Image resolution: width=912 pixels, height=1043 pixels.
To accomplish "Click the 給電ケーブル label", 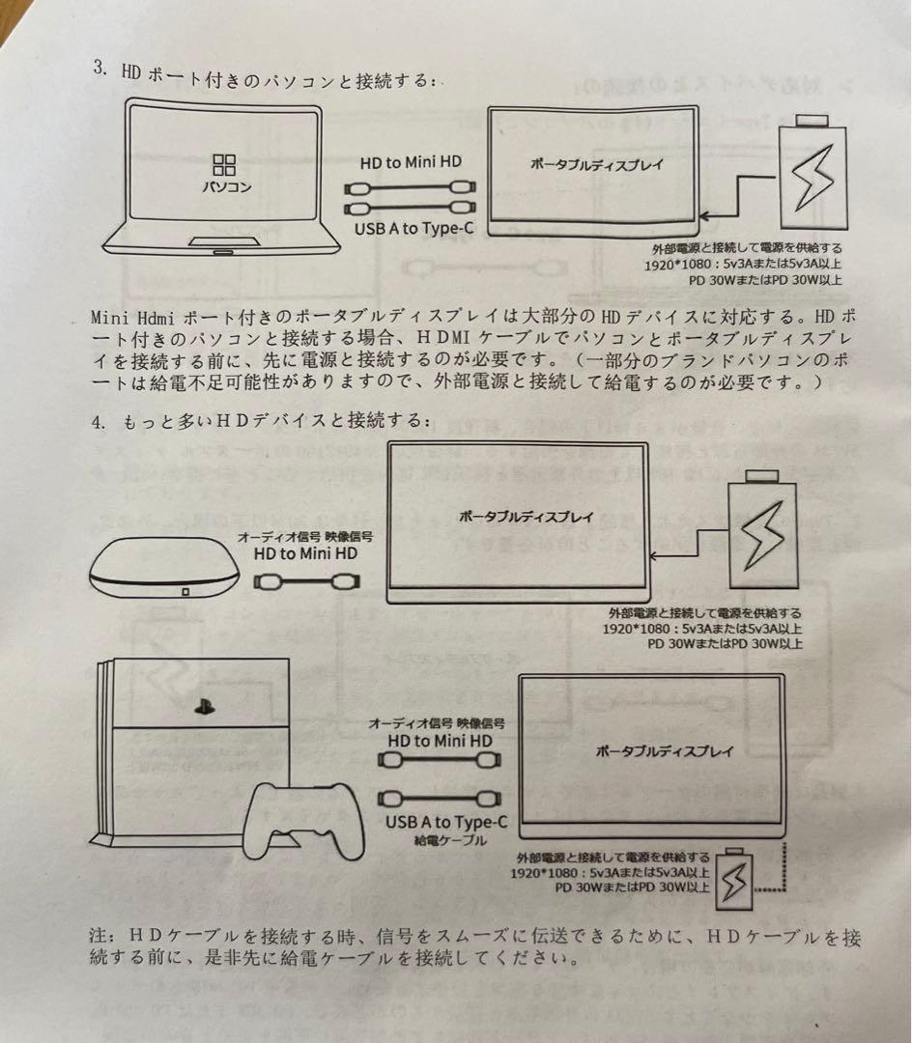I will point(445,840).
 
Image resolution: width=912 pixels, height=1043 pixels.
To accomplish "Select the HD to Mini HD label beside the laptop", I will point(412,163).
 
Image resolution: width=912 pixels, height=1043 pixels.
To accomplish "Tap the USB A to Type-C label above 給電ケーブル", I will point(445,822).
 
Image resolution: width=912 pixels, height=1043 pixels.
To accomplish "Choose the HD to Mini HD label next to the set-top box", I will point(305,554).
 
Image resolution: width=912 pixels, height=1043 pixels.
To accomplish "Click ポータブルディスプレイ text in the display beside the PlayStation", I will point(664,751).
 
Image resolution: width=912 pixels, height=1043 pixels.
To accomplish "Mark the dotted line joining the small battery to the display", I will point(781,886).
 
